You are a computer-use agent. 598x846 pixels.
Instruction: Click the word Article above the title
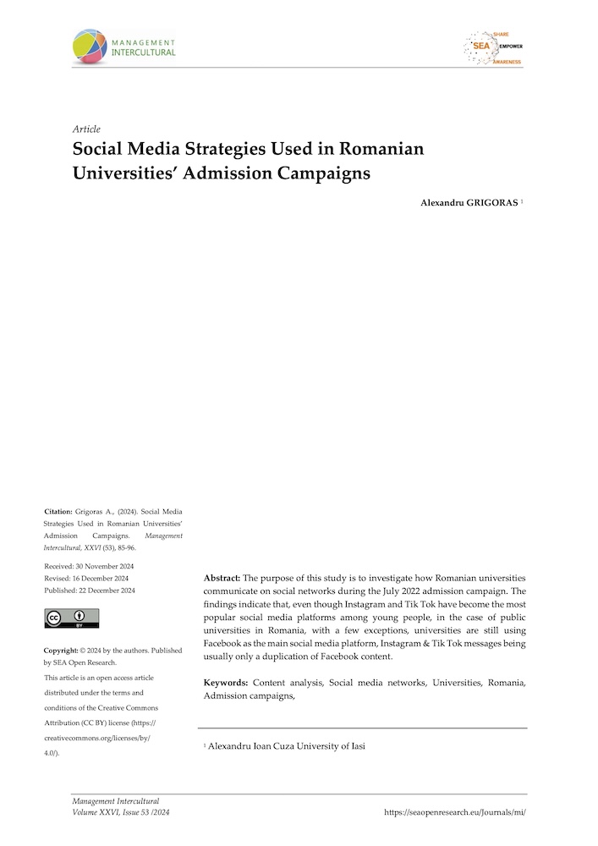87,129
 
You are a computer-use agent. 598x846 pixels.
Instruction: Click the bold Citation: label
58,512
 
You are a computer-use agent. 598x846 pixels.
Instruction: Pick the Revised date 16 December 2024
103,578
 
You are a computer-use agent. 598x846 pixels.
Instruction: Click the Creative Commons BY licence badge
71,618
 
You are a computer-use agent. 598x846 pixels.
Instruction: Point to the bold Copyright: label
61,650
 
